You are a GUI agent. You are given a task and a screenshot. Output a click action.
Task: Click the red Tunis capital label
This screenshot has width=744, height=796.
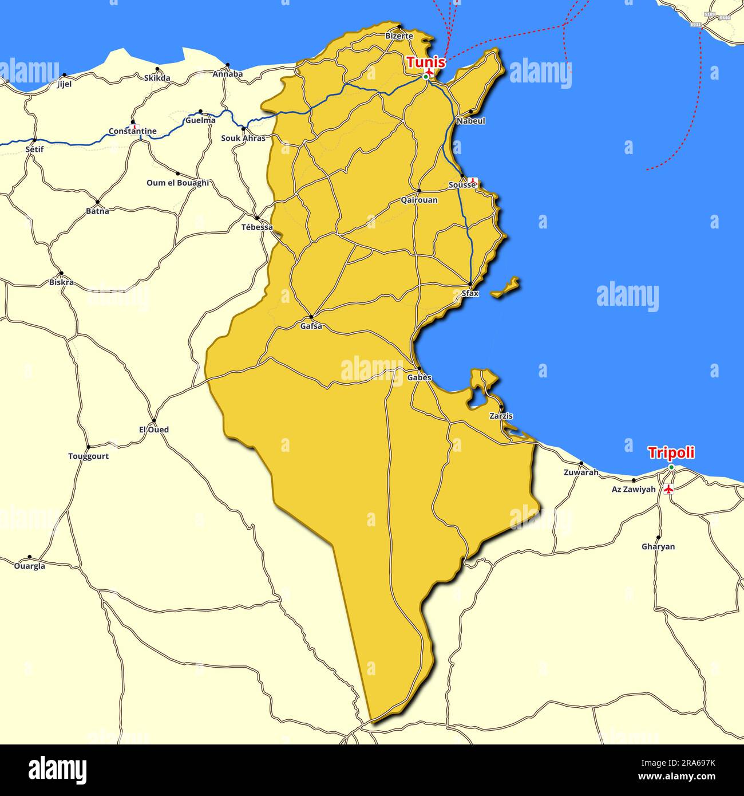click(426, 62)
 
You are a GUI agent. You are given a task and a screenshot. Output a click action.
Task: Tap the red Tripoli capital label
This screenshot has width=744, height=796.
click(671, 452)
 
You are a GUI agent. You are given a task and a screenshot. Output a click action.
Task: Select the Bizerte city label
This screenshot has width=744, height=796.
click(399, 36)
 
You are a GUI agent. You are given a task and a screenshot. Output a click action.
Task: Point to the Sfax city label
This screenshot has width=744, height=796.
click(470, 293)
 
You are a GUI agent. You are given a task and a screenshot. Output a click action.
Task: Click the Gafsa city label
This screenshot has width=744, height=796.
click(311, 326)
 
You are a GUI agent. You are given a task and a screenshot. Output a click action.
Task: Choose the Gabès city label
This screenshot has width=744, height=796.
click(419, 378)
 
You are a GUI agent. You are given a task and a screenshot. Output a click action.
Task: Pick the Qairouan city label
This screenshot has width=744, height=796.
click(419, 200)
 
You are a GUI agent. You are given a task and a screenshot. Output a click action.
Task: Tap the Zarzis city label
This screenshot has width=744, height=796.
click(501, 416)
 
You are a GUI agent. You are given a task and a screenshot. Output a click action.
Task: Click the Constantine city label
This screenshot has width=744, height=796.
click(133, 131)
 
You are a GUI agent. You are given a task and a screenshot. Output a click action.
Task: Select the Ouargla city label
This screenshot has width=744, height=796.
click(29, 566)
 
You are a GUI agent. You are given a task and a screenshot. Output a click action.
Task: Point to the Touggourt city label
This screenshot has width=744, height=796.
click(88, 456)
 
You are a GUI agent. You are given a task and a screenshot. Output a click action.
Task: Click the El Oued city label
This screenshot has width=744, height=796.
click(154, 429)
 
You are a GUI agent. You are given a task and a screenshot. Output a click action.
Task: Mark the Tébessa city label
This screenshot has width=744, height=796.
click(257, 227)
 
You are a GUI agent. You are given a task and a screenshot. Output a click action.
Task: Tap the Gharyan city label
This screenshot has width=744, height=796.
click(658, 546)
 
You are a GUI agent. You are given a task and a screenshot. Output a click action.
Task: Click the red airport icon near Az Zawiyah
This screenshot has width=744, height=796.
click(667, 488)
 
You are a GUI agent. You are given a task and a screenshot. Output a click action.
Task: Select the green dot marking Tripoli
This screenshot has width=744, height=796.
click(671, 467)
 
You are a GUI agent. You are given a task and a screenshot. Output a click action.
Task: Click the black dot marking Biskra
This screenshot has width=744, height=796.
click(61, 274)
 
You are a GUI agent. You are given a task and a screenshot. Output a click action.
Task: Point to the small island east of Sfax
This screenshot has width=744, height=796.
click(505, 287)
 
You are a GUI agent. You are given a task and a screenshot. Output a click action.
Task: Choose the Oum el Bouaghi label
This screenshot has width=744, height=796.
click(177, 183)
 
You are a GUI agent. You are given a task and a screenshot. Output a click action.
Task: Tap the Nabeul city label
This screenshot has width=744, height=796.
click(470, 121)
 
